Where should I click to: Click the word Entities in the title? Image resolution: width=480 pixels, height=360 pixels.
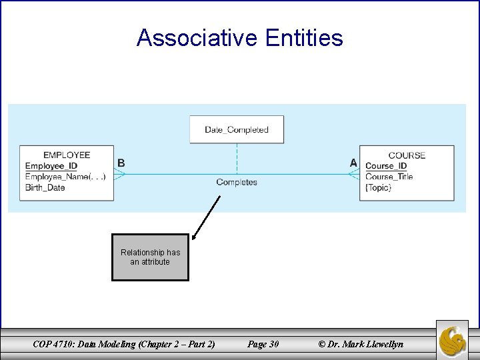point(304,38)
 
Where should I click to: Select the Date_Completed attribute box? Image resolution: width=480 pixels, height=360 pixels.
point(237,129)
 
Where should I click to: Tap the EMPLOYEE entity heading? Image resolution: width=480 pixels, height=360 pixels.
point(67,155)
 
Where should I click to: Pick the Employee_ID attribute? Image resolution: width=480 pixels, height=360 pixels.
point(51,166)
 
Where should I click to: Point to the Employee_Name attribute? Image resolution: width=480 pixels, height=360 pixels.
point(65,177)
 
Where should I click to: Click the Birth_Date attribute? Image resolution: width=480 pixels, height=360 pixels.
point(45,187)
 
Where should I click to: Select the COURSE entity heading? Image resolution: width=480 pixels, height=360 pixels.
point(407,155)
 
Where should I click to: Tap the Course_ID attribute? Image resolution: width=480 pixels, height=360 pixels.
point(386,166)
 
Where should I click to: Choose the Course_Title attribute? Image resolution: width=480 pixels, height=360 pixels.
point(389,177)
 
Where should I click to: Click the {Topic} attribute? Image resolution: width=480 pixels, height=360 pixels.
point(379,187)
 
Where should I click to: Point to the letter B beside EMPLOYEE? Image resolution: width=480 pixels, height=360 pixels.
point(121,163)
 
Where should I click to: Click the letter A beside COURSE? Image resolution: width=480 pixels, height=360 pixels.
point(353,163)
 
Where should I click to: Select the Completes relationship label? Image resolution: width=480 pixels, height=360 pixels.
point(237,183)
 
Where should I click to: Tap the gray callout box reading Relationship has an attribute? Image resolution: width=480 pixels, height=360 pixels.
point(150,257)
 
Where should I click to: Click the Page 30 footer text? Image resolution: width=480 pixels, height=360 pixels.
point(263,344)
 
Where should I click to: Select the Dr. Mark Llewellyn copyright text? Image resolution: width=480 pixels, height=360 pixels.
point(361,344)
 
